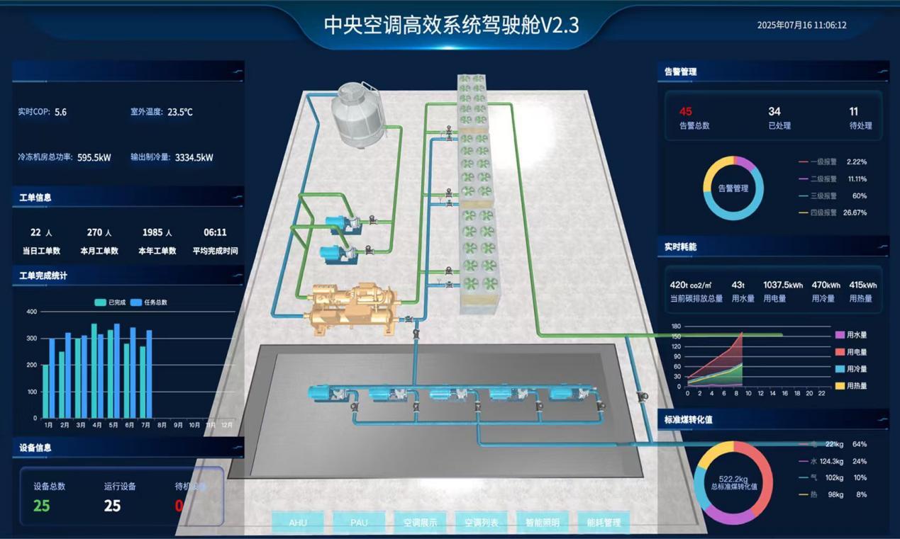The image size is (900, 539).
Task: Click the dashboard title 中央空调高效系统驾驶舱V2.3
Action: [451, 25]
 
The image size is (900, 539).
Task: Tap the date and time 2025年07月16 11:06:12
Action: [801, 25]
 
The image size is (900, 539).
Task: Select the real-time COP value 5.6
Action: [60, 112]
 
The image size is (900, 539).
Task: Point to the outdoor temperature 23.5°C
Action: [180, 112]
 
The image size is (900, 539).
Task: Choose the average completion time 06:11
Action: [215, 232]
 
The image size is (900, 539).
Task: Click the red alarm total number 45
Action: [685, 111]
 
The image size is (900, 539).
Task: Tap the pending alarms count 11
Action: [853, 111]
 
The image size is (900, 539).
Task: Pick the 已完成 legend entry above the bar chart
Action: [111, 302]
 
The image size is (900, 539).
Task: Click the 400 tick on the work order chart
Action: [31, 312]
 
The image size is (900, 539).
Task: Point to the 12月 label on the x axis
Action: [227, 425]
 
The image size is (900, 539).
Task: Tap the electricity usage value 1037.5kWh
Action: [783, 285]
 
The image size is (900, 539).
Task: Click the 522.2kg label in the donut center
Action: [733, 479]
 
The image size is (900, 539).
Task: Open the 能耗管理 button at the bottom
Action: [604, 523]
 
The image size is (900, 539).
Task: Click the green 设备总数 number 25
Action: [42, 506]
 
